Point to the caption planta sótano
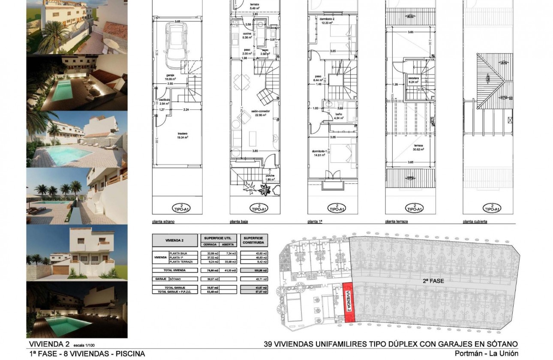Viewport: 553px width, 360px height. click(x=163, y=222)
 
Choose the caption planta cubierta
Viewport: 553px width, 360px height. click(x=475, y=222)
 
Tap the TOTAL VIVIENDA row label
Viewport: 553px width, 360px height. click(x=176, y=270)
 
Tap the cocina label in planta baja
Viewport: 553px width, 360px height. click(x=246, y=34)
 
